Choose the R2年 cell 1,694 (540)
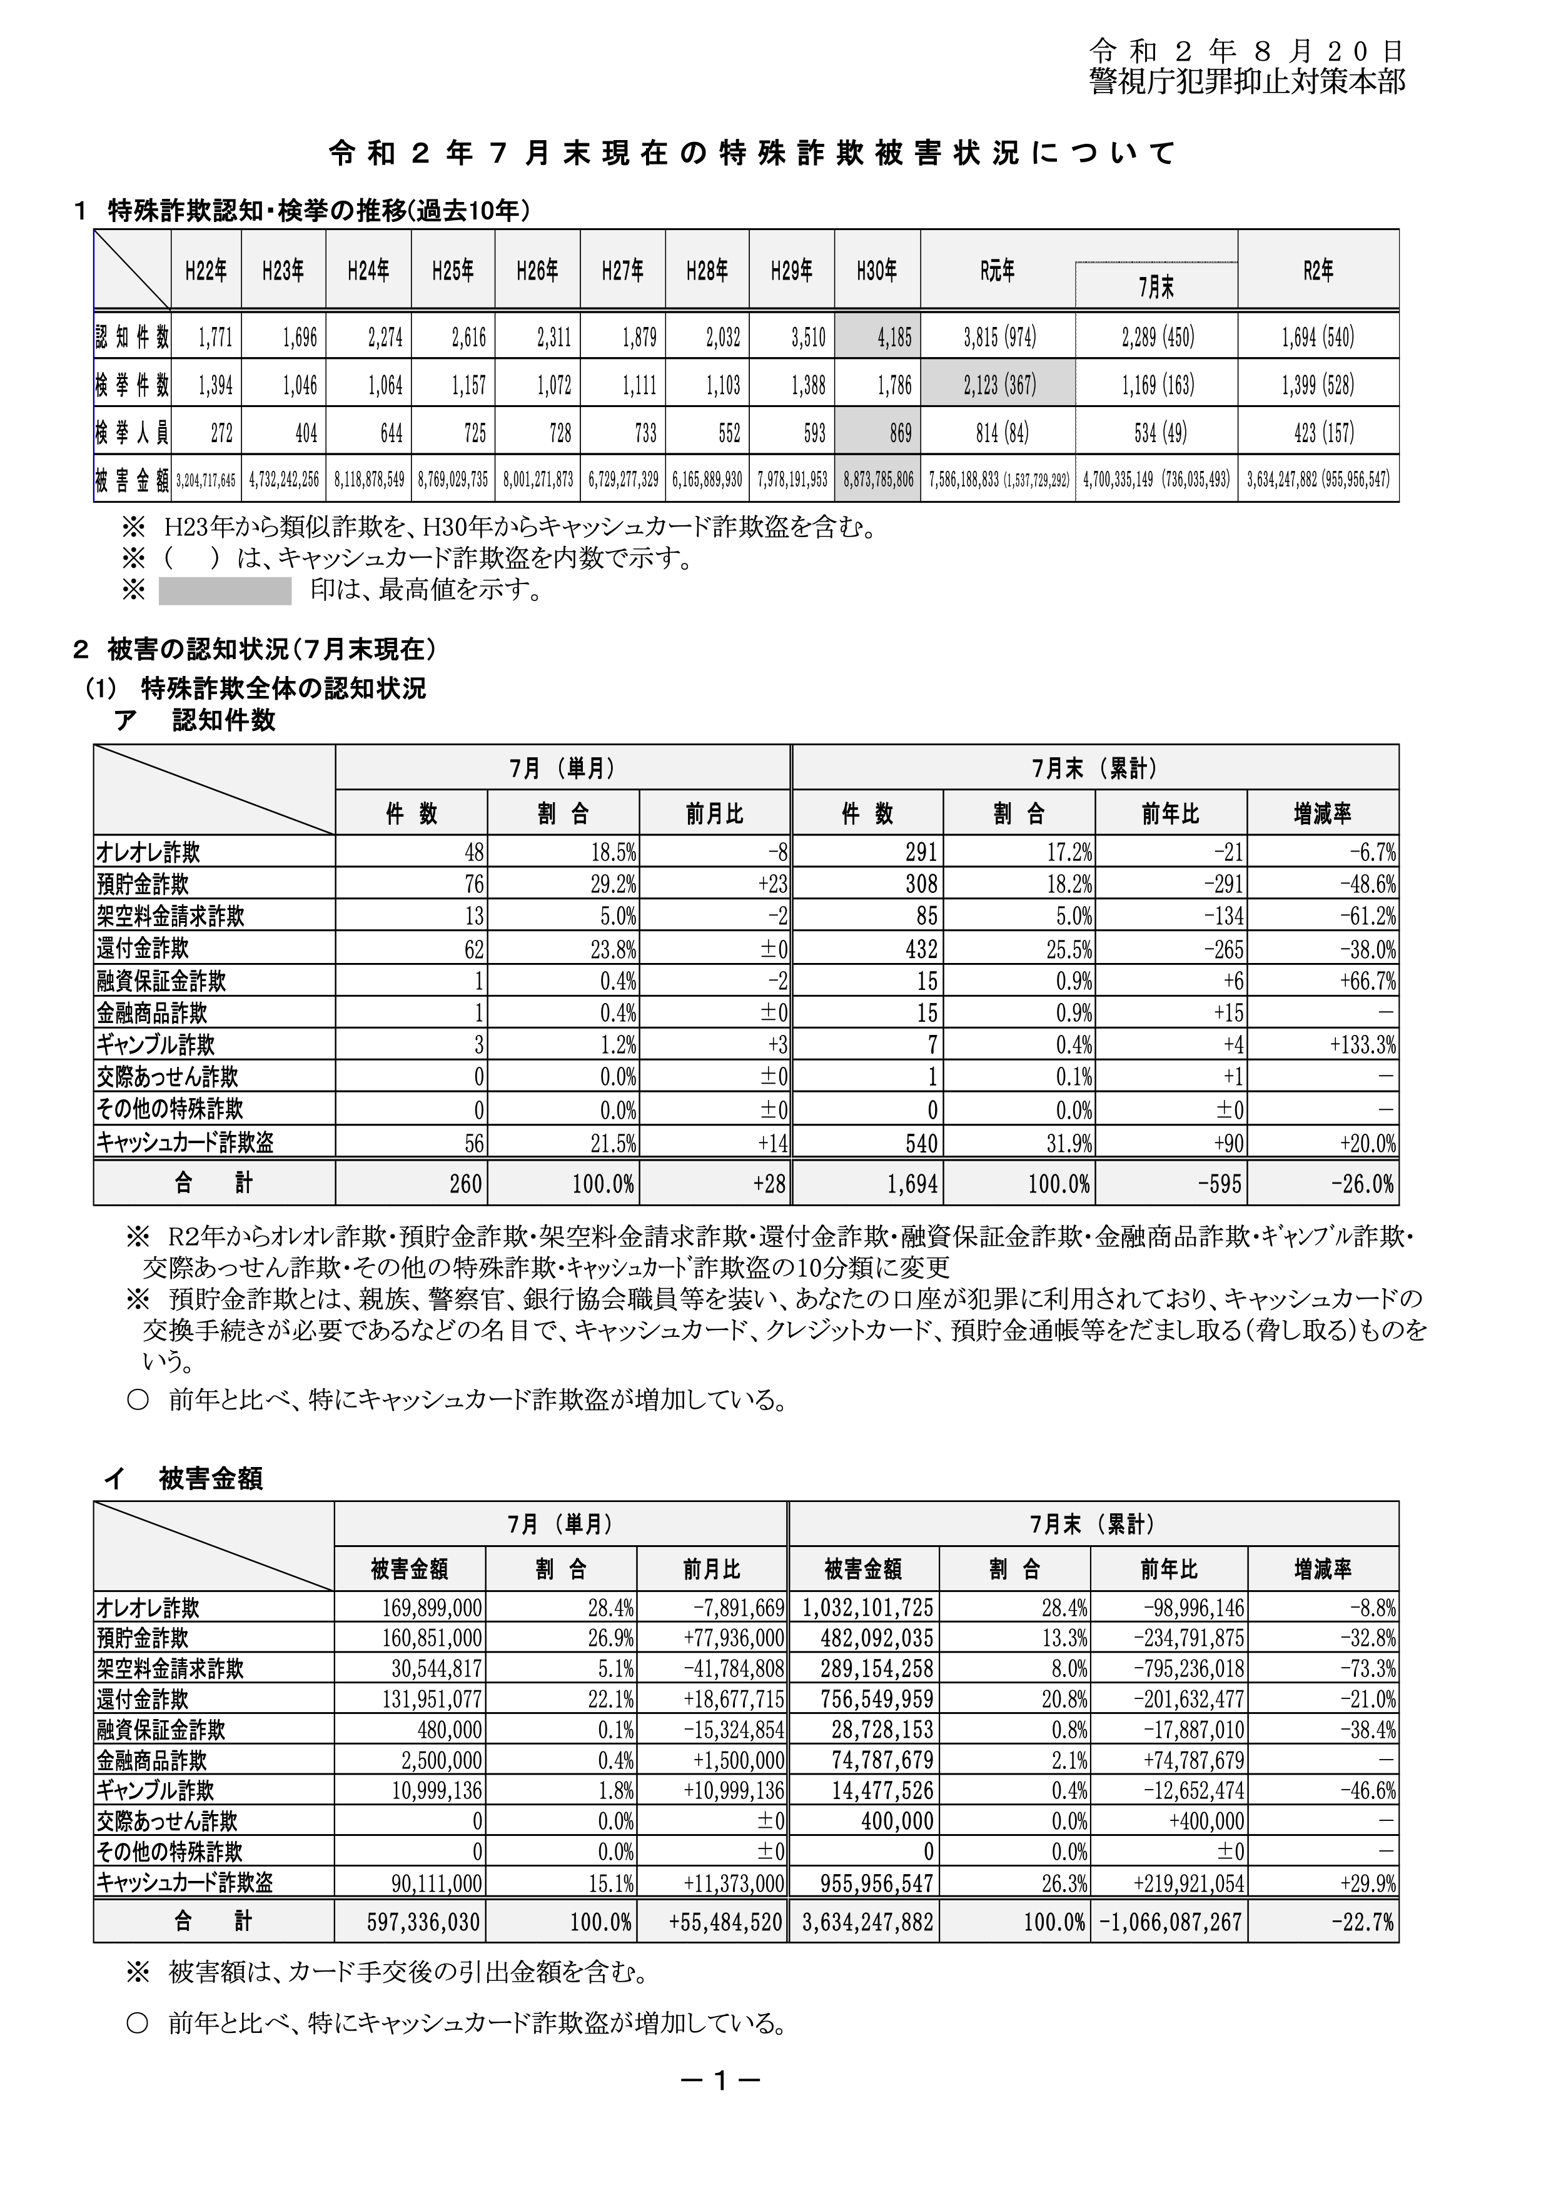(x=1318, y=336)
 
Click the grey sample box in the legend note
(x=225, y=591)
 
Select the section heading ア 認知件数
(x=195, y=720)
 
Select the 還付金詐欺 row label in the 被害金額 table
(x=143, y=1699)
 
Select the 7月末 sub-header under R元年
(x=1156, y=286)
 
